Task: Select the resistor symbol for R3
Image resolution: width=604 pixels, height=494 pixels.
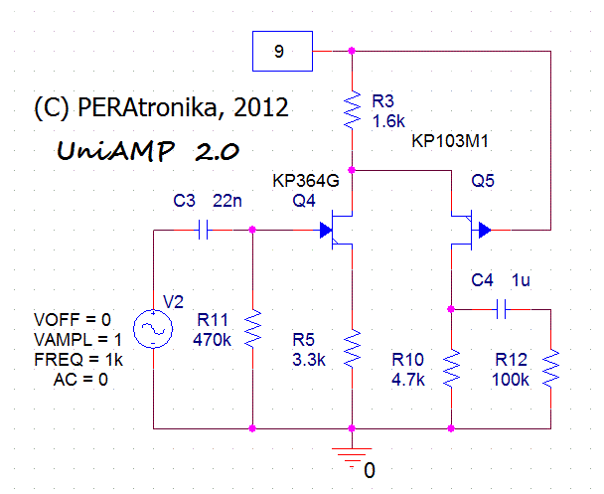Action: (352, 110)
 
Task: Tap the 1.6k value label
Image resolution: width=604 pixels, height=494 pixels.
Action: (388, 120)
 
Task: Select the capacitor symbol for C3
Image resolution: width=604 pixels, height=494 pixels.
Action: (203, 231)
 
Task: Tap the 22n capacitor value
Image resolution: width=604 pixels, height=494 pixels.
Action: (228, 202)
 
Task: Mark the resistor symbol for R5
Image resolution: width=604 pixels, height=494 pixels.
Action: (352, 348)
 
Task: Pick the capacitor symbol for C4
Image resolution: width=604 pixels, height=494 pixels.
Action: (501, 309)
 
